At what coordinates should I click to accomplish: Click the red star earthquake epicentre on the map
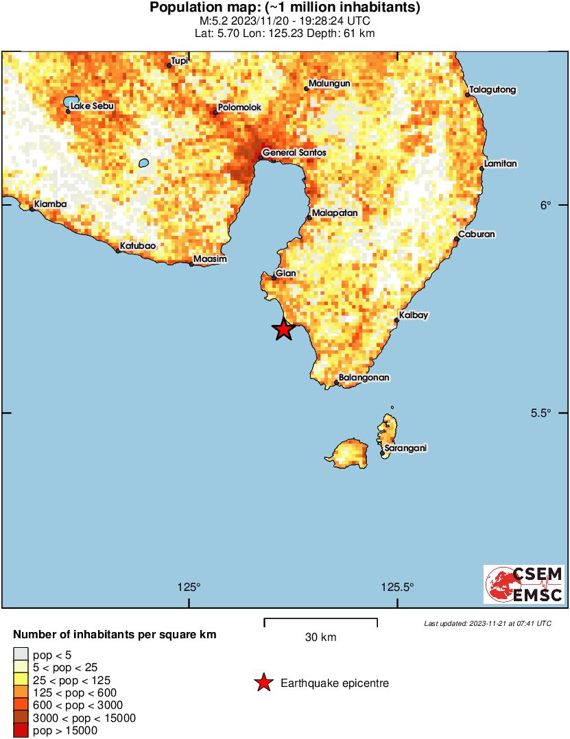pos(283,330)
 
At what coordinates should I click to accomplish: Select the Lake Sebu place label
pos(92,106)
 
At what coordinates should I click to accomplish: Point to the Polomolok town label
pos(239,108)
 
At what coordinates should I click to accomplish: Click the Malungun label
pos(329,84)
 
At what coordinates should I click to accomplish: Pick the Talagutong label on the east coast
pos(492,90)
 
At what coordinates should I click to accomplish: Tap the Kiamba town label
pos(50,204)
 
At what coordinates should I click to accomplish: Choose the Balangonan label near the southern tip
pos(364,378)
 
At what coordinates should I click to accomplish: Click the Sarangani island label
pos(405,448)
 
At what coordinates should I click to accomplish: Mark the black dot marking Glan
pos(274,278)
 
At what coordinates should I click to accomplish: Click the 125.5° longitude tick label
pos(398,587)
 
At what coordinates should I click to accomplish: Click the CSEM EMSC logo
pos(524,585)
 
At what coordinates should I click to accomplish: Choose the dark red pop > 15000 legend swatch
pos(21,731)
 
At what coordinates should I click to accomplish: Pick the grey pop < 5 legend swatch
pos(21,655)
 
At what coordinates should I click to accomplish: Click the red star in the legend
pos(263,683)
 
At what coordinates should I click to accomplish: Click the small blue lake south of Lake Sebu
pos(143,163)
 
